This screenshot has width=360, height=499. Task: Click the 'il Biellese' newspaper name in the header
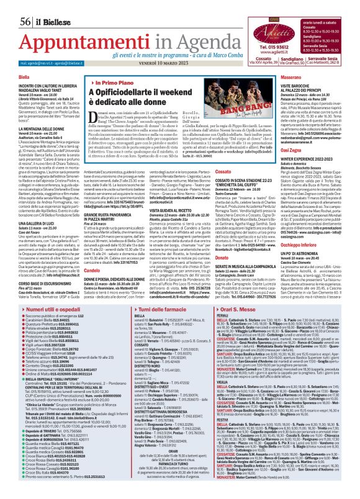32,6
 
